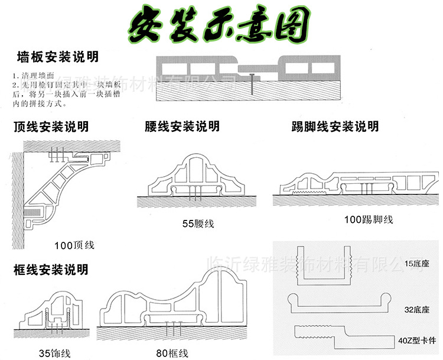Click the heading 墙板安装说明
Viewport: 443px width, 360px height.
(58, 58)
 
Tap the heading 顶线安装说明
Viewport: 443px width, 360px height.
(50, 127)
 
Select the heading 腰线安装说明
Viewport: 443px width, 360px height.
(182, 127)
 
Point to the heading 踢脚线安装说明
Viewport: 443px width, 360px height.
(334, 127)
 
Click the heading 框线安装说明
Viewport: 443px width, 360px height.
(50, 270)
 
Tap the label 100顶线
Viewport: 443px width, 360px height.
(74, 244)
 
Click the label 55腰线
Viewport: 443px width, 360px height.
(198, 223)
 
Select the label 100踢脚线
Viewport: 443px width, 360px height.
(369, 220)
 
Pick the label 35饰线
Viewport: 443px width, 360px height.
(54, 353)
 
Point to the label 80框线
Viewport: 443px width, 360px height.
(172, 353)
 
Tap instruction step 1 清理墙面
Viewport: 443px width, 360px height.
(33, 76)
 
